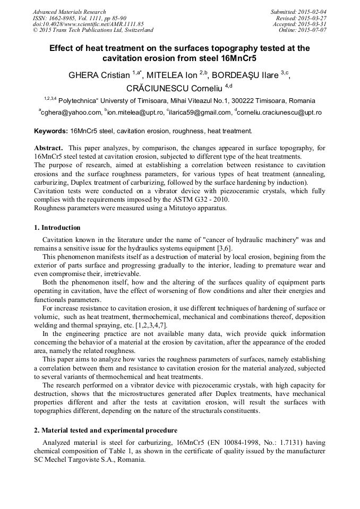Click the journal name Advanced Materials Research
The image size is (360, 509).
coord(69,12)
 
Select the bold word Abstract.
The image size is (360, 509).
coord(49,148)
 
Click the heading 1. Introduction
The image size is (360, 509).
coord(57,228)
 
